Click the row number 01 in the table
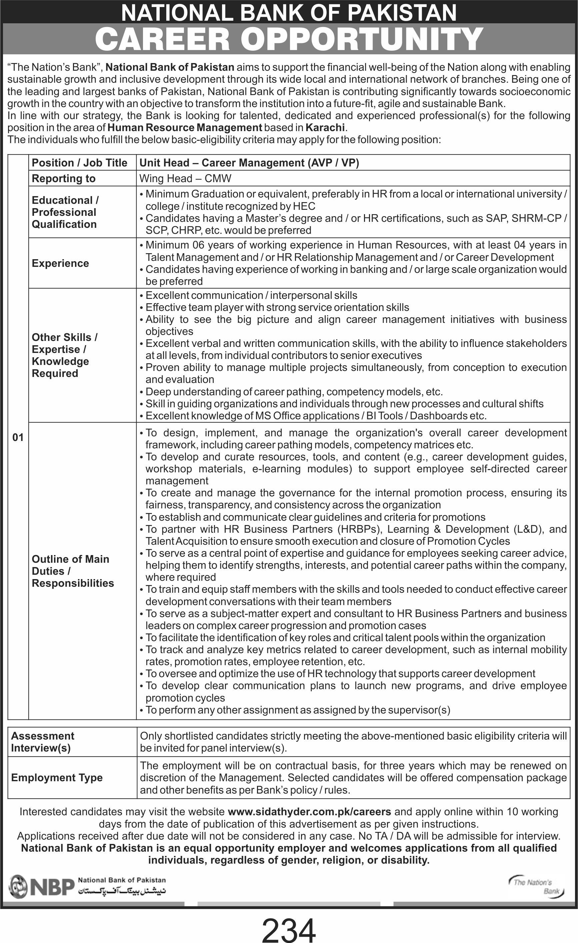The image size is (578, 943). [x=18, y=437]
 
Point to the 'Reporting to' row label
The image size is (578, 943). [x=63, y=178]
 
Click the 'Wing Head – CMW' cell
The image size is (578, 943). [x=185, y=178]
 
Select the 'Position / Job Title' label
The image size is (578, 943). [x=79, y=163]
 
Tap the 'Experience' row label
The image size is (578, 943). [x=60, y=263]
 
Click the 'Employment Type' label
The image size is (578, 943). [x=57, y=777]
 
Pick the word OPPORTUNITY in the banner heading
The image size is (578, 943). [x=361, y=39]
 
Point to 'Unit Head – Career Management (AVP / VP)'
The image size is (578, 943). [x=249, y=163]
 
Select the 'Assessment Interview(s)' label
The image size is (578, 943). [x=42, y=742]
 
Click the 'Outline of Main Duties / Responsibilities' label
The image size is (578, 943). [x=73, y=571]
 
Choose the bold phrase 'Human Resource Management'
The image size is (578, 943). [x=185, y=127]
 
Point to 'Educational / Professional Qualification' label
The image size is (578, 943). [x=65, y=212]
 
